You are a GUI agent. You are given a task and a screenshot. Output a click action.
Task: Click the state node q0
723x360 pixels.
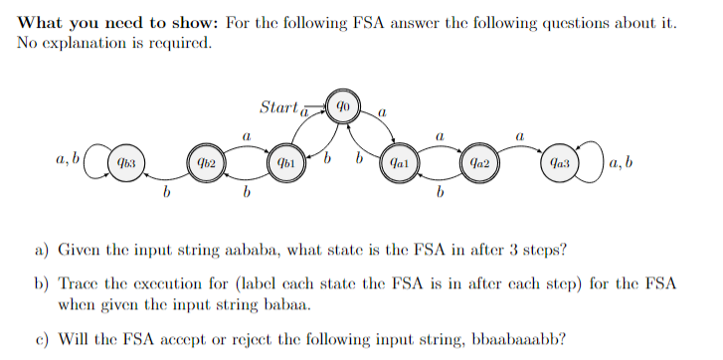pyautogui.click(x=342, y=106)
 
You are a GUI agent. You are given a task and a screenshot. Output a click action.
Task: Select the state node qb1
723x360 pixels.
pyautogui.click(x=285, y=160)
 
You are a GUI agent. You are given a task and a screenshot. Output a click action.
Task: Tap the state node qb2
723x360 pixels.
pyautogui.click(x=206, y=160)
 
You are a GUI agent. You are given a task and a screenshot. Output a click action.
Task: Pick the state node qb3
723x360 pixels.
pyautogui.click(x=125, y=160)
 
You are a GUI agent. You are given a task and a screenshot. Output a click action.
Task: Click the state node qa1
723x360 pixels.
pyautogui.click(x=398, y=160)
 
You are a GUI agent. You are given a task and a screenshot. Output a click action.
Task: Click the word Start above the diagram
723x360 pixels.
pyautogui.click(x=277, y=105)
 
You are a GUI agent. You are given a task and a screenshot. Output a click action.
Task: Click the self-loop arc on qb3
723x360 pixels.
pyautogui.click(x=94, y=160)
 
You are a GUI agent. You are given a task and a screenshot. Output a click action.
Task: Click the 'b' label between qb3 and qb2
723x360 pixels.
pyautogui.click(x=166, y=192)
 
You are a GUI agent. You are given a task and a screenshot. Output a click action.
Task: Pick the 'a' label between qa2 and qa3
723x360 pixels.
pyautogui.click(x=518, y=131)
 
